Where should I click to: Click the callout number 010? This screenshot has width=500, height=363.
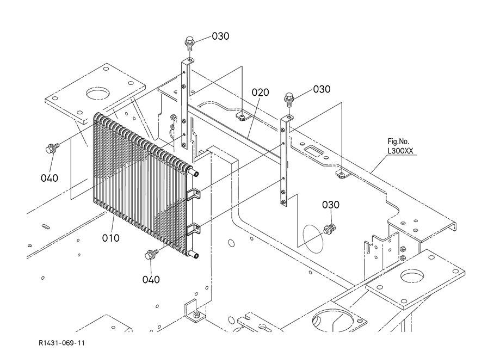(x=110, y=238)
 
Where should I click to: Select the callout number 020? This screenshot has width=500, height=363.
(x=260, y=93)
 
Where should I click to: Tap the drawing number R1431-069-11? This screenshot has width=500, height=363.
(x=61, y=343)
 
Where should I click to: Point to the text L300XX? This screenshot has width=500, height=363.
(x=400, y=151)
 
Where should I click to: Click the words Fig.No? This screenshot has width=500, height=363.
(x=398, y=141)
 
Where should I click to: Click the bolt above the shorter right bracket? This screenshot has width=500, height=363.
(x=288, y=99)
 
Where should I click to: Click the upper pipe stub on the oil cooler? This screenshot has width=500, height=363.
(x=194, y=173)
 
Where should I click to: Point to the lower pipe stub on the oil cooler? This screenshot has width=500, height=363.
(x=194, y=255)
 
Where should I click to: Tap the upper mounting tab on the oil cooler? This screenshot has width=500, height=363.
(x=194, y=194)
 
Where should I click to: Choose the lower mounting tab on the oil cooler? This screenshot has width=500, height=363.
(x=194, y=229)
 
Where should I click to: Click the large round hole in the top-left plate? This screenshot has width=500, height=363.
(x=97, y=94)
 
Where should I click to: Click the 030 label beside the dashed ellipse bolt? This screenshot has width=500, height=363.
(x=331, y=205)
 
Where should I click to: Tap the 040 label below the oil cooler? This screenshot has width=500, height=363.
(x=151, y=280)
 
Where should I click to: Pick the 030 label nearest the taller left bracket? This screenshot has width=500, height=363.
(x=220, y=36)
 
